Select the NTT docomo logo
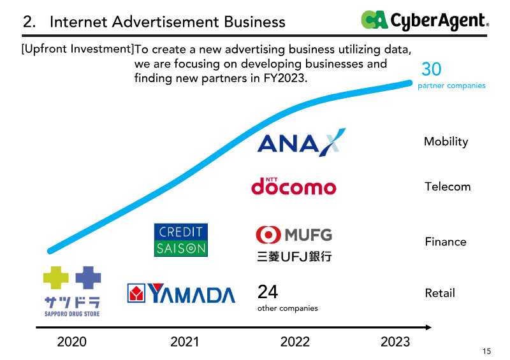(293, 186)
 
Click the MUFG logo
(294, 242)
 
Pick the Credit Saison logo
(180, 240)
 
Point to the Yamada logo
(181, 293)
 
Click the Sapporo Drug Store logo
(72, 291)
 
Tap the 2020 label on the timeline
(71, 342)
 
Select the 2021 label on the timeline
(184, 342)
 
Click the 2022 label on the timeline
(295, 342)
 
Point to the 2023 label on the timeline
(395, 342)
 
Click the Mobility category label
(446, 141)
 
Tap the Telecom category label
(448, 187)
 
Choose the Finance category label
(446, 241)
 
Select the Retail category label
(440, 293)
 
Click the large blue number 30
(431, 69)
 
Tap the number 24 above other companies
(268, 292)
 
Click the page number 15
(487, 352)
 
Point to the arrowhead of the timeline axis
(428, 328)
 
